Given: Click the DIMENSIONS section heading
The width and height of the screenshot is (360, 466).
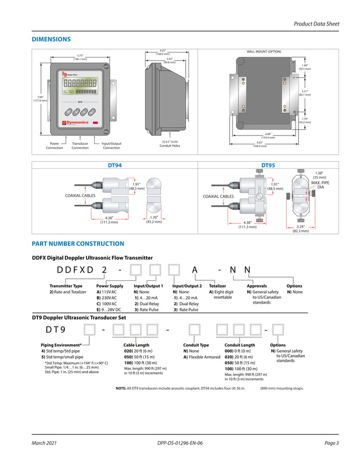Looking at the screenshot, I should pyautogui.click(x=51, y=39).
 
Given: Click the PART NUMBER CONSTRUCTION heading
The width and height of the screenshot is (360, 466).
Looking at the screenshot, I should pyautogui.click(x=78, y=244).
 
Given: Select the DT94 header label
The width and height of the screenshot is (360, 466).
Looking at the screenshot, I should pyautogui.click(x=115, y=165).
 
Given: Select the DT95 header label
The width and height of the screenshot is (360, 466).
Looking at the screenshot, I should pyautogui.click(x=268, y=165).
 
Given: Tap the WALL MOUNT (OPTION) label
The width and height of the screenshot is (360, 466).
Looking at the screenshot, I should pyautogui.click(x=264, y=52).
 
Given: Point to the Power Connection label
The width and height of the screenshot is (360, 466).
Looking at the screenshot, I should pyautogui.click(x=55, y=146).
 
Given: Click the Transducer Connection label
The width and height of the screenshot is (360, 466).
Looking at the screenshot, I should pyautogui.click(x=80, y=146).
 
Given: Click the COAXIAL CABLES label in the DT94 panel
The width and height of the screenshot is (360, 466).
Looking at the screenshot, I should pyautogui.click(x=81, y=195).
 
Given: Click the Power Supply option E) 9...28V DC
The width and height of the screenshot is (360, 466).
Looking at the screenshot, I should pyautogui.click(x=109, y=310).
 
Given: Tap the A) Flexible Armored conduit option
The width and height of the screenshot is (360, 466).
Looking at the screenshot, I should pyautogui.click(x=201, y=357).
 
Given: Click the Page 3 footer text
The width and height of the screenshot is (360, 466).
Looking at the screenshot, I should pyautogui.click(x=332, y=443).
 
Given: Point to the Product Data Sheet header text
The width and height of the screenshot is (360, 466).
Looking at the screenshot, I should pyautogui.click(x=317, y=24).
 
